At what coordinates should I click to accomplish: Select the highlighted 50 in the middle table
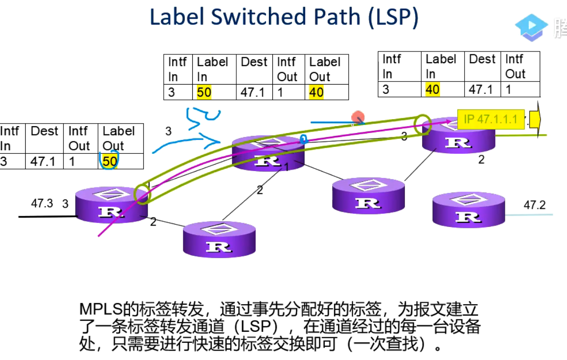coord(204,92)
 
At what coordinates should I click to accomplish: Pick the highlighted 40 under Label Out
coord(316,92)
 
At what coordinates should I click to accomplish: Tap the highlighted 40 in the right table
coord(432,90)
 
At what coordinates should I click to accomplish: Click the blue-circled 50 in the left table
coord(109,161)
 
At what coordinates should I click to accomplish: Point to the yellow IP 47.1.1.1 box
coord(490,120)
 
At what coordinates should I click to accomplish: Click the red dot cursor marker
coord(358,118)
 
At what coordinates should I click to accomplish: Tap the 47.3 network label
coord(42,203)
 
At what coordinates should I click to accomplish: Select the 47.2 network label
coord(534,205)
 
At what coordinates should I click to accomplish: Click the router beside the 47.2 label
coord(468,210)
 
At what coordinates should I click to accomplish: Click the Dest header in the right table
coord(482,59)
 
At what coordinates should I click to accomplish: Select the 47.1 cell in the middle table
coord(253,92)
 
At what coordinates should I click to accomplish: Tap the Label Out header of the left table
coord(118,138)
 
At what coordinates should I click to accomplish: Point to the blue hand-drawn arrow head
coord(216,142)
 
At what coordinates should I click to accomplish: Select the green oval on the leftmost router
coord(142,194)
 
